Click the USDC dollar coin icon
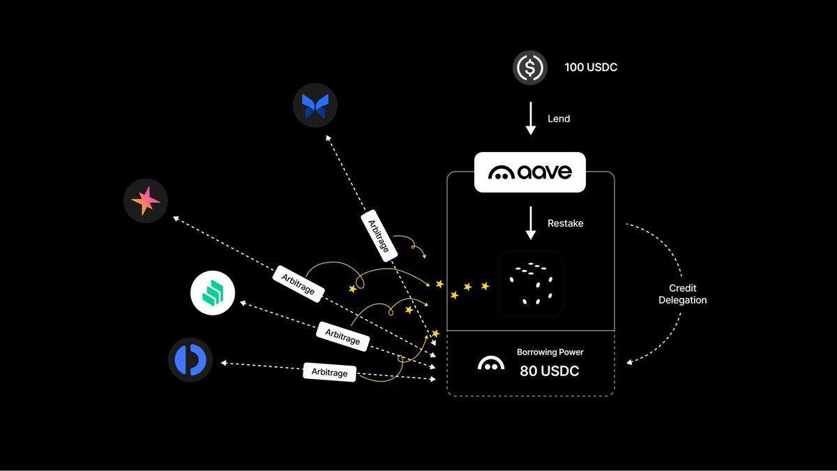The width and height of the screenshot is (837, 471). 530,68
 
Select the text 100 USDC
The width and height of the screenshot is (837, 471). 591,68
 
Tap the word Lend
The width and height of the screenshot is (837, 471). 559,119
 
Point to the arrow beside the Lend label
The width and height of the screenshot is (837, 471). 530,119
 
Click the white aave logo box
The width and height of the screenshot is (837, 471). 530,172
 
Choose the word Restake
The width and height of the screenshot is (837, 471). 565,223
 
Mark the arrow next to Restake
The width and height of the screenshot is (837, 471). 530,223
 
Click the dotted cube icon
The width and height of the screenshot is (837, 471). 530,283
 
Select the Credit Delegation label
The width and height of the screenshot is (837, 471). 683,294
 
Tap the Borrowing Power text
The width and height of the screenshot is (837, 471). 550,352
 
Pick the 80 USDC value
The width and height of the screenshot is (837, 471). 550,371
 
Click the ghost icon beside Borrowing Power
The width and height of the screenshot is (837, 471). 491,364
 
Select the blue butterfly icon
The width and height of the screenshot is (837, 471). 315,105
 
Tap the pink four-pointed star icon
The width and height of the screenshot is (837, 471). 146,201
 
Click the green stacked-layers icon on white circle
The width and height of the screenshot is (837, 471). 213,294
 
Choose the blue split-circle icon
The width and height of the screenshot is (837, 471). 190,360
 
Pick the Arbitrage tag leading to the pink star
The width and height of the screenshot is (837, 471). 298,283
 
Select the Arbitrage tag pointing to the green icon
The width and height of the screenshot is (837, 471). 342,335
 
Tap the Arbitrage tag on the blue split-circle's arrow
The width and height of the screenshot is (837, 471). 329,372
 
